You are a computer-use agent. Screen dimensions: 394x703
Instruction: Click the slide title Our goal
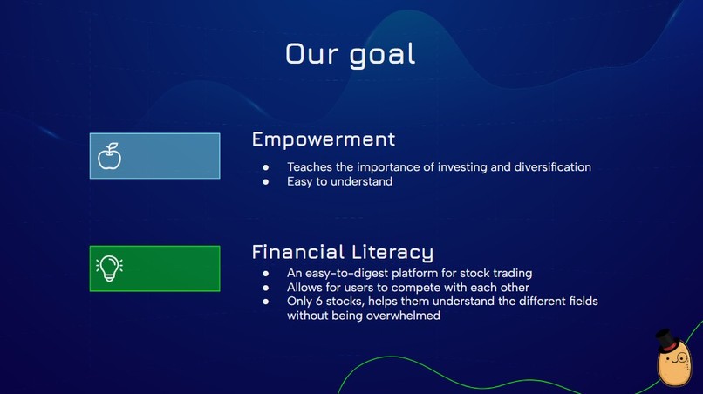click(351, 54)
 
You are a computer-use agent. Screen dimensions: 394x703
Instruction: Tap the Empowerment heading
click(323, 139)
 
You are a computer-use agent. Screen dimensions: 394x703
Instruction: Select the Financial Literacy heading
click(342, 253)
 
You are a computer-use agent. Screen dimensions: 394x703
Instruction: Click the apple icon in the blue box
click(109, 156)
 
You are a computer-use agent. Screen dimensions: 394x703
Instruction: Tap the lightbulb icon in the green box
click(108, 268)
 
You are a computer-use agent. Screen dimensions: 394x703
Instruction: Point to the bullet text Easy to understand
click(339, 182)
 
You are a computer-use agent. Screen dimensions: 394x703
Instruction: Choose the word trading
click(511, 274)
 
